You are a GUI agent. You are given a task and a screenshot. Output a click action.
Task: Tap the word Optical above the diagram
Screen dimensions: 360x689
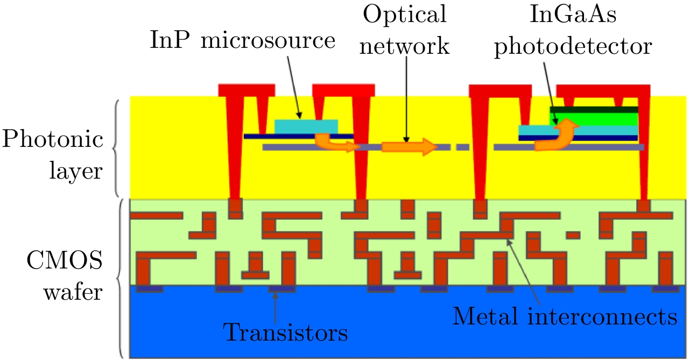click(x=404, y=15)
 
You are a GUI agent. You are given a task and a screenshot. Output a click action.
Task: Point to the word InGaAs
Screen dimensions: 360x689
click(x=573, y=15)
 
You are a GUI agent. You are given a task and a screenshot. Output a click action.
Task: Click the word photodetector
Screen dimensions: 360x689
click(x=573, y=47)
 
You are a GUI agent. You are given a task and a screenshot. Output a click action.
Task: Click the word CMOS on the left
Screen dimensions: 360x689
click(x=65, y=264)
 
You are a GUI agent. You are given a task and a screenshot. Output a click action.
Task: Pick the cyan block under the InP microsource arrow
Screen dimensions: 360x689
click(x=306, y=126)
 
